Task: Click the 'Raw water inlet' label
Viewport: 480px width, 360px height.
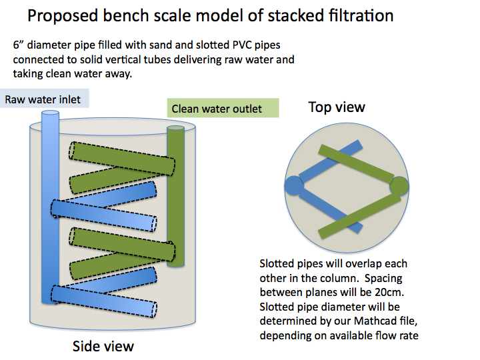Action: coord(43,99)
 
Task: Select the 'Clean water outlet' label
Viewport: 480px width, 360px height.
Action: coord(217,109)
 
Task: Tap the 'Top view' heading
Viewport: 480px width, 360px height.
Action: coord(337,107)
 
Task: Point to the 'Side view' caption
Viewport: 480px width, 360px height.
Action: coord(103,346)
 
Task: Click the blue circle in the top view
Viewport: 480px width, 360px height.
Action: coord(294,185)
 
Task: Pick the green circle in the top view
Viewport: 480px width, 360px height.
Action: coord(399,185)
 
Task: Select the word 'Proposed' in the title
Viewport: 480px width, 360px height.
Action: coord(63,16)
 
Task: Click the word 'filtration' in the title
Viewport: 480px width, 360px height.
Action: coord(361,15)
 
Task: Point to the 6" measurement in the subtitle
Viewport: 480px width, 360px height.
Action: coord(19,45)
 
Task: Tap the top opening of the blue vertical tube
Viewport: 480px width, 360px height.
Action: coord(50,113)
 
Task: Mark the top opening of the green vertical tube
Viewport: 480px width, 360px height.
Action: coord(176,129)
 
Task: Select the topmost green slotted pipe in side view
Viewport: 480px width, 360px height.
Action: coord(122,158)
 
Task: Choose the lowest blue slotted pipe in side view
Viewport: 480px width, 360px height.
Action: coord(104,301)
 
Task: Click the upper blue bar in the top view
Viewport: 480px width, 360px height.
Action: coord(331,161)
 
